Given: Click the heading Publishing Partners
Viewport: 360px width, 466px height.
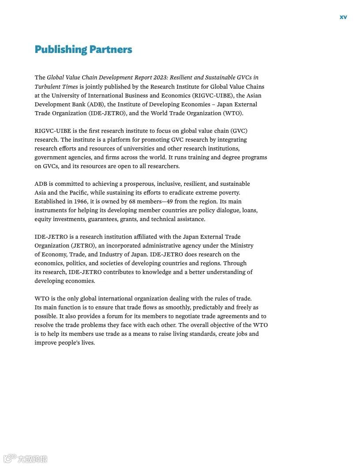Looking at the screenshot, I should pyautogui.click(x=83, y=49).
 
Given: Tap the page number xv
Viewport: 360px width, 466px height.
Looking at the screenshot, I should pyautogui.click(x=343, y=17).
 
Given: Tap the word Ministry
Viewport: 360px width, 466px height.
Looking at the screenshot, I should pyautogui.click(x=242, y=245).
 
